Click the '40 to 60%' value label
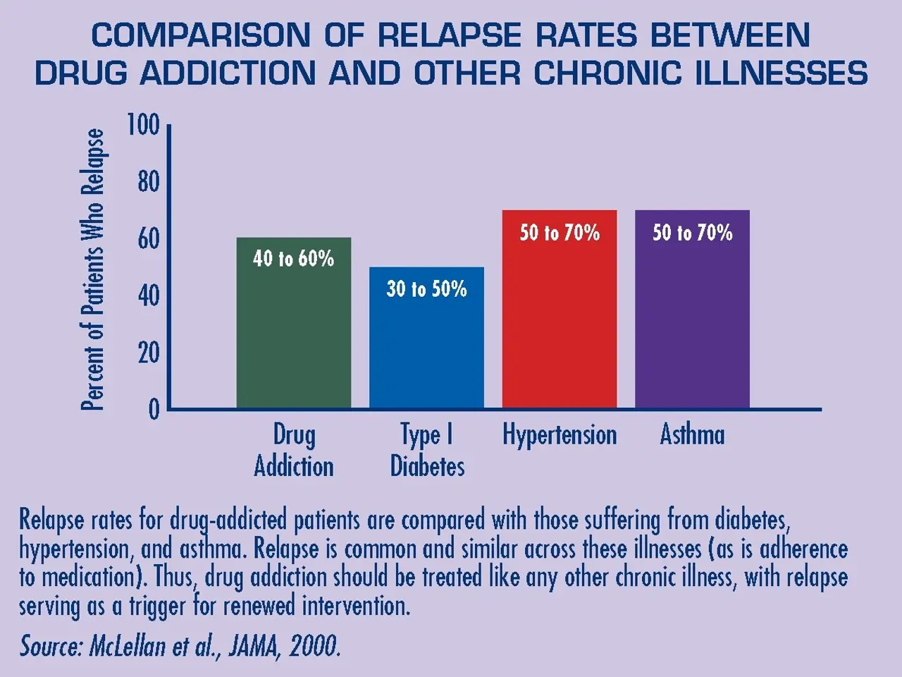tap(293, 259)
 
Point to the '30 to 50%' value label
tap(426, 288)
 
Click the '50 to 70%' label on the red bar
tap(560, 233)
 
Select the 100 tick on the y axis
tap(143, 126)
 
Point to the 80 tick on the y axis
tap(148, 183)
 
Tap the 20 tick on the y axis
tap(148, 353)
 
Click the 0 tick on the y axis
tap(154, 410)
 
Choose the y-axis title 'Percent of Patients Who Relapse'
tap(93, 269)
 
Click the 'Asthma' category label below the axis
tap(692, 434)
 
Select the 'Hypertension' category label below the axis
tap(560, 435)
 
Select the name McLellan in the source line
tap(129, 646)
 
